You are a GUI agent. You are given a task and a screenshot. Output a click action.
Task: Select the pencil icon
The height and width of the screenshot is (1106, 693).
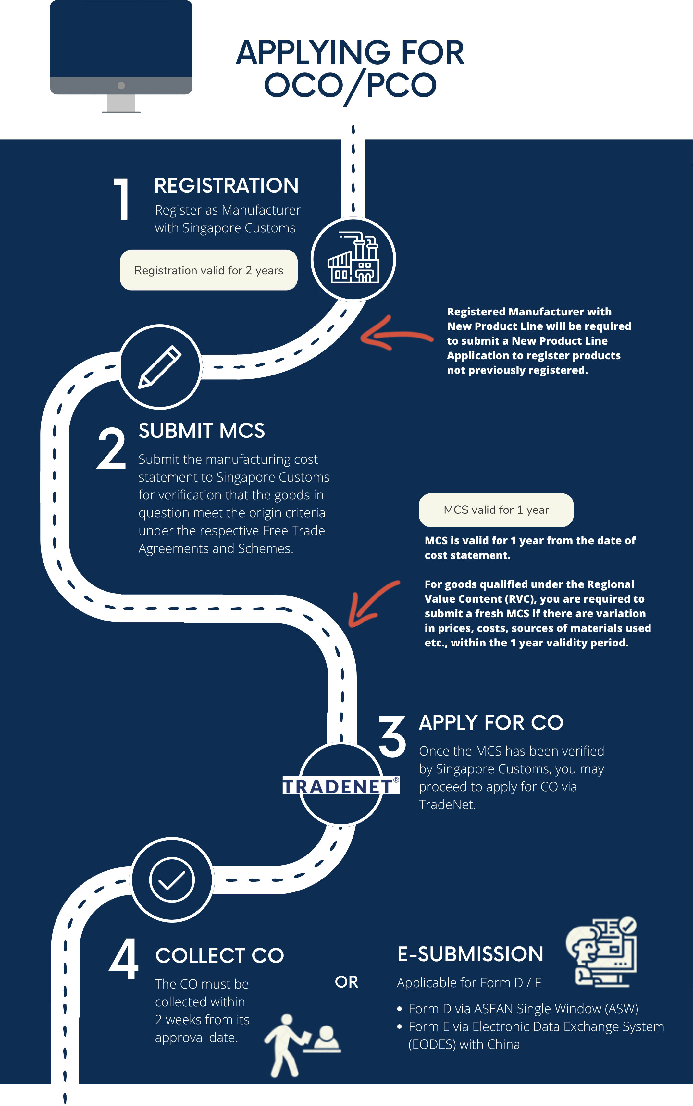[160, 367]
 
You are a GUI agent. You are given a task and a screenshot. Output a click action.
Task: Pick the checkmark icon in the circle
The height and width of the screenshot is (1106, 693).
[172, 880]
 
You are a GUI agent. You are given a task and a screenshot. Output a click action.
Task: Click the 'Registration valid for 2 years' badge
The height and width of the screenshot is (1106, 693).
[208, 270]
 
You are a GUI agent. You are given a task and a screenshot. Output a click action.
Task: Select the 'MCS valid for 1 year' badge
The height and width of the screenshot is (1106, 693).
[496, 510]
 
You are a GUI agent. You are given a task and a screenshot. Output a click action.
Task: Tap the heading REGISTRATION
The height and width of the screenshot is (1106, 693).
[227, 186]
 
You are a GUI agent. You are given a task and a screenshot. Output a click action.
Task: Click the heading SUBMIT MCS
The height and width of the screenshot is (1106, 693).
[202, 431]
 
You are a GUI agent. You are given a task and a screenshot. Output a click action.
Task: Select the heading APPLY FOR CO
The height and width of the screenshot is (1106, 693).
[491, 723]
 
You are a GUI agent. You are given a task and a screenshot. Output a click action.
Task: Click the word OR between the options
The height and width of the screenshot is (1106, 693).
[347, 982]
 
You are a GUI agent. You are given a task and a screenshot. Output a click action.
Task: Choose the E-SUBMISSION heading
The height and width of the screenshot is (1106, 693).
[470, 954]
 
